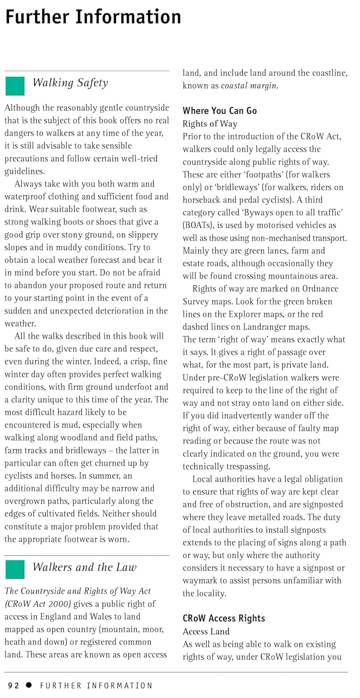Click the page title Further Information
(93, 17)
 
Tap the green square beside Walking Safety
(14, 86)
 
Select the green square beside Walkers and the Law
(14, 570)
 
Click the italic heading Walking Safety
(70, 83)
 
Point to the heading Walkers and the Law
(84, 567)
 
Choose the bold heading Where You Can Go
(220, 111)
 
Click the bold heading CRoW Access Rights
(224, 618)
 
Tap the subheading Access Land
(206, 631)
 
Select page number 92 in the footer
(13, 685)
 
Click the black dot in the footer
(29, 685)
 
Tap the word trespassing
(247, 467)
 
